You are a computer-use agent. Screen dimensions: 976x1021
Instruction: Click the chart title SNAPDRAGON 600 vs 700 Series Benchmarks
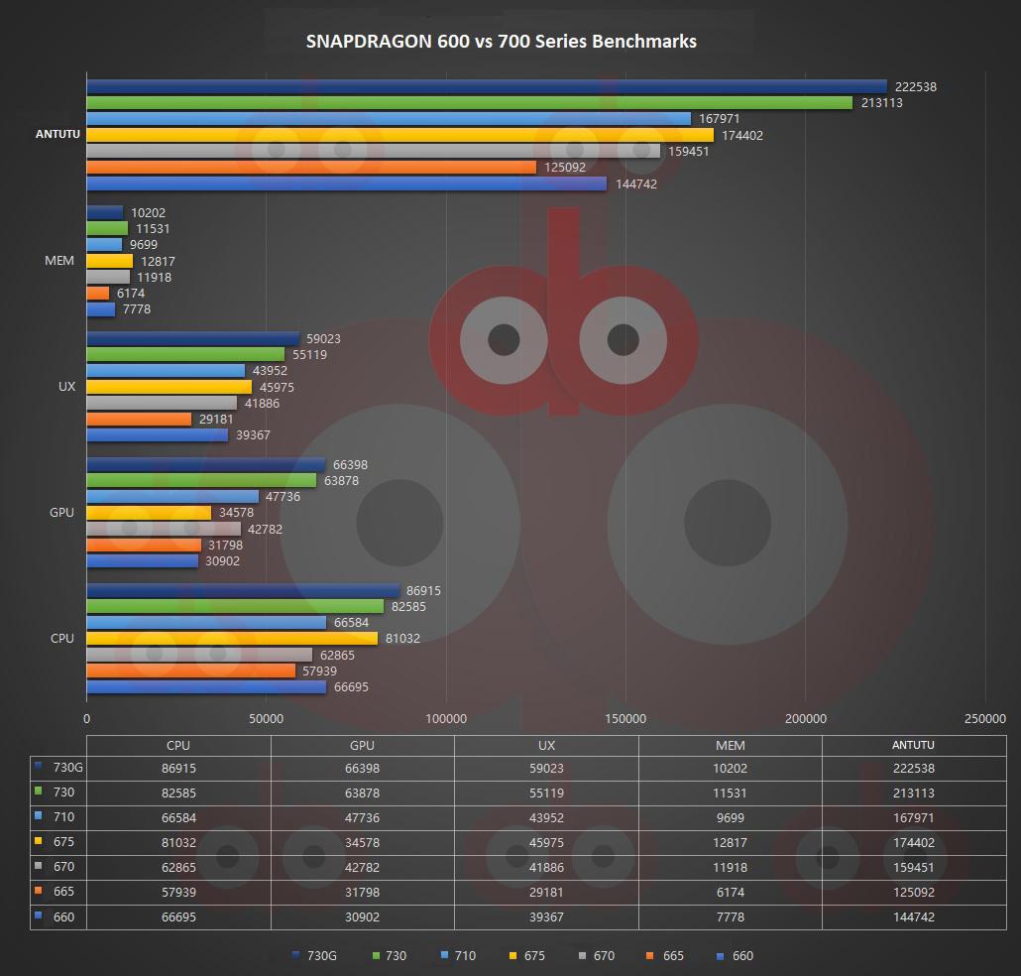(x=501, y=41)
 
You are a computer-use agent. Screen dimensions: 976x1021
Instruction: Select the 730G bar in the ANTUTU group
(x=486, y=86)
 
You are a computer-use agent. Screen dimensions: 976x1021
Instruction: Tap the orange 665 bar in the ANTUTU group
(x=311, y=168)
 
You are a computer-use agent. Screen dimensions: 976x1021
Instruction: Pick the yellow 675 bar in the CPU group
(x=232, y=639)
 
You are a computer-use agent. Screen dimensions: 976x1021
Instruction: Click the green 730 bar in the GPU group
(x=201, y=481)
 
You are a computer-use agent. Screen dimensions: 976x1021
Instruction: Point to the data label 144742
(x=635, y=184)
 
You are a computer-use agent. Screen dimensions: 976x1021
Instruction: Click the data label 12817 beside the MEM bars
(x=159, y=262)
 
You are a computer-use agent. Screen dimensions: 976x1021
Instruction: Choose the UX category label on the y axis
(x=66, y=386)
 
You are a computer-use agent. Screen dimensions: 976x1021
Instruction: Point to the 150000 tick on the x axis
(x=625, y=719)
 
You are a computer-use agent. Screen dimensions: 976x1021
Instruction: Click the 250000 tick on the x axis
(x=984, y=719)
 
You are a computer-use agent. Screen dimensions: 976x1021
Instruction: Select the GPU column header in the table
(x=362, y=746)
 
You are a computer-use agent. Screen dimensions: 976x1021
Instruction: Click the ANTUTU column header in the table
(x=913, y=746)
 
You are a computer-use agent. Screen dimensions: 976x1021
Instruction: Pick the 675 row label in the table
(x=63, y=842)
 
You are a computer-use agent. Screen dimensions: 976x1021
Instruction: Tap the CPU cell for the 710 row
(x=178, y=817)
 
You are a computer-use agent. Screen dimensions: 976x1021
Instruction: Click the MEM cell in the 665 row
(x=730, y=892)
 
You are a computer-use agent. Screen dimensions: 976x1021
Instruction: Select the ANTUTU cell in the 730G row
(x=913, y=768)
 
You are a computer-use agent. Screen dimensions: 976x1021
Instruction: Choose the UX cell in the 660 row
(x=546, y=916)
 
